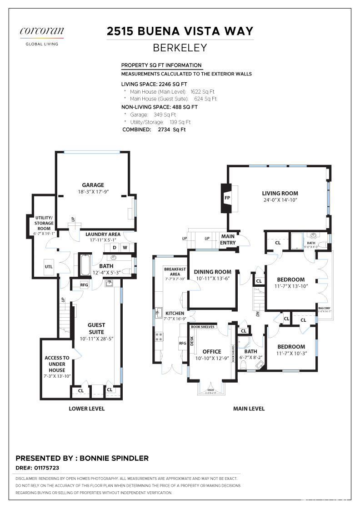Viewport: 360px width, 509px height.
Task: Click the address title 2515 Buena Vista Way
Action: coord(180,31)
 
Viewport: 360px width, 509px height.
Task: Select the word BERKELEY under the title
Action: coord(180,48)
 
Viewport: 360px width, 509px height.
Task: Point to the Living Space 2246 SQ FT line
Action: coord(154,84)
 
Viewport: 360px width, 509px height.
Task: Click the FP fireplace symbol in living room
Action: coord(227,198)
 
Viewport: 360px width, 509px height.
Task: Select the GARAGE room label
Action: coord(93,185)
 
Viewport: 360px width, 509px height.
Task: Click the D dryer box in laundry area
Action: coord(115,248)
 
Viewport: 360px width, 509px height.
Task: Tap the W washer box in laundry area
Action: coord(125,248)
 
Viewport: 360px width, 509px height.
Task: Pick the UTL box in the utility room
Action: coord(48,267)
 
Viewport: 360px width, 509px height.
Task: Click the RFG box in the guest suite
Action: coord(84,285)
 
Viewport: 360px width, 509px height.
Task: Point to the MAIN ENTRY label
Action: coord(228,240)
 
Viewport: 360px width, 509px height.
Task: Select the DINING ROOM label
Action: coord(212,272)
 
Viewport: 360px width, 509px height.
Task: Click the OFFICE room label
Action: coord(212,351)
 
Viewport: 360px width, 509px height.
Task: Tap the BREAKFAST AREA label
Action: coord(175,272)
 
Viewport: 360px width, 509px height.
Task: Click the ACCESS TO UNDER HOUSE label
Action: coord(57,364)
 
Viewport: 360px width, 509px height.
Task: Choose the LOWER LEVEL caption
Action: coord(87,409)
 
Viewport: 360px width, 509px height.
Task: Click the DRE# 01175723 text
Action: coord(37,467)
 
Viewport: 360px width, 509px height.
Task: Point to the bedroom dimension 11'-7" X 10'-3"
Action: coord(291,353)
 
